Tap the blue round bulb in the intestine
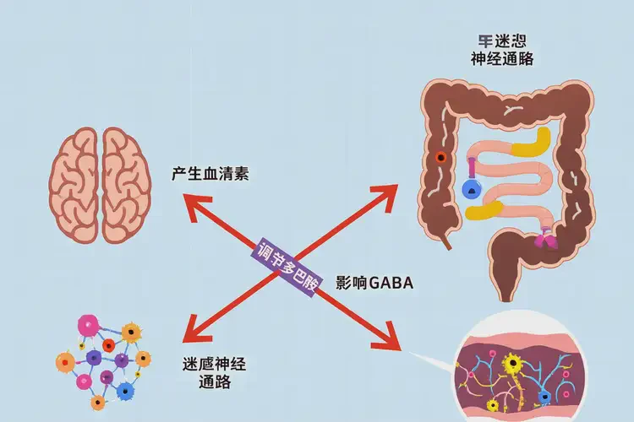point(473,190)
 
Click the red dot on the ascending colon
point(440,158)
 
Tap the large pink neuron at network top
point(89,326)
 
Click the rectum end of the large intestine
point(505,290)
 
